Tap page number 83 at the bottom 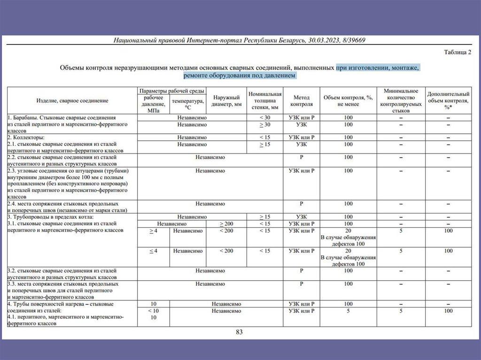click(x=239, y=332)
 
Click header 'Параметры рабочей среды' click(x=171, y=90)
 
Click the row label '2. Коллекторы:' click(x=26, y=138)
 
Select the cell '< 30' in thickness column click(x=265, y=118)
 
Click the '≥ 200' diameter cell click(x=226, y=224)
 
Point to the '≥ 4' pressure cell click(x=153, y=231)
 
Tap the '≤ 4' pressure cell click(x=153, y=251)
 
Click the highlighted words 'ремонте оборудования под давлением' click(x=240, y=75)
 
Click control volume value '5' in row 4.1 click(x=348, y=311)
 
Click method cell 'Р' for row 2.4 click(x=301, y=204)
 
